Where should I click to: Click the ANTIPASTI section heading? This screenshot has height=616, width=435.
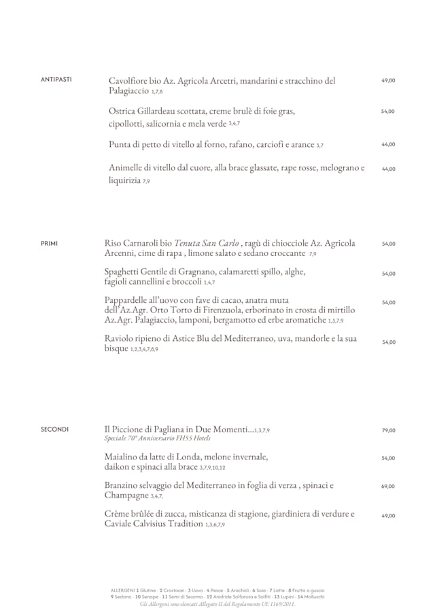coord(56,80)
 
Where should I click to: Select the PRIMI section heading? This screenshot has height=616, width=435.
coord(49,242)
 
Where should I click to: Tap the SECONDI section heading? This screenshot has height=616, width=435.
coord(54,429)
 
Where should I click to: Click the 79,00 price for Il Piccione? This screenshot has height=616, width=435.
coord(388,430)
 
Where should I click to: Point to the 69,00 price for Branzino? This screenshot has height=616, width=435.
coord(388,487)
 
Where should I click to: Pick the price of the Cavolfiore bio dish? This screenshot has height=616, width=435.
coord(388,80)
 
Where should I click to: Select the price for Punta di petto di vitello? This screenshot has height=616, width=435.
coord(388,144)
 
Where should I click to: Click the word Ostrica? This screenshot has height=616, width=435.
coord(124,111)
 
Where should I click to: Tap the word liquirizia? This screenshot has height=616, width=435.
coord(124,180)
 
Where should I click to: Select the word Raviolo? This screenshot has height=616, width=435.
coord(122,338)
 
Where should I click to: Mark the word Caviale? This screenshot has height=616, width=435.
coord(120,524)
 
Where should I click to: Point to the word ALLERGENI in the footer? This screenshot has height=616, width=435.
coord(122,589)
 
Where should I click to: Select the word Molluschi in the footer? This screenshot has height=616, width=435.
coord(313,596)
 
